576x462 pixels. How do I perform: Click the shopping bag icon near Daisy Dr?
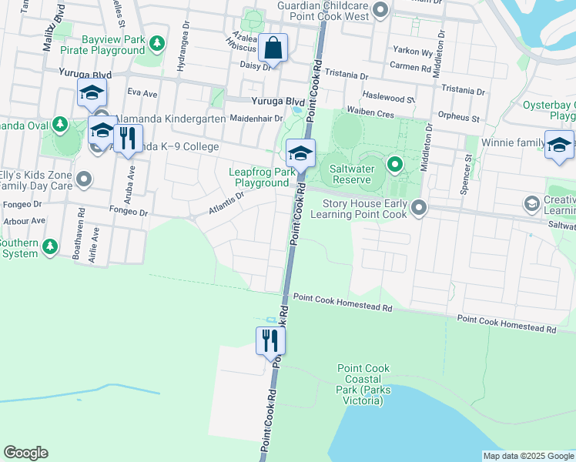[273, 48]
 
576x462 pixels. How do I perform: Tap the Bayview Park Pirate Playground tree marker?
[157, 43]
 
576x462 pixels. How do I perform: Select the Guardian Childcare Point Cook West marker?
[380, 10]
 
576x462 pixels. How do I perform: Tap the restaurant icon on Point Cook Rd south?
[270, 340]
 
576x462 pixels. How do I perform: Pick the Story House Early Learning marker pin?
[419, 207]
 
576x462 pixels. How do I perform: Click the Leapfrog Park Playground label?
[262, 178]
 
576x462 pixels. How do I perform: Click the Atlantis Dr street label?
[226, 203]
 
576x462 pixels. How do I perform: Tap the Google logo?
[26, 453]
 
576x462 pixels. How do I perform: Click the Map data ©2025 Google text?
[527, 456]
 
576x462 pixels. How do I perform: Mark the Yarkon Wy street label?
[413, 52]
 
